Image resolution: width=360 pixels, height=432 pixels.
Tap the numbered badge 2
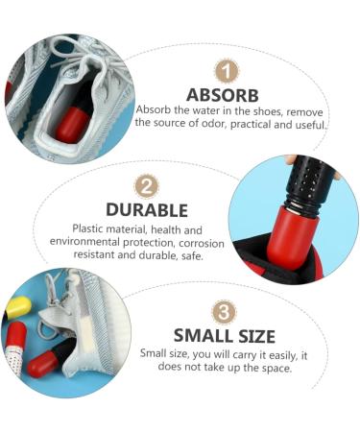(x=146, y=185)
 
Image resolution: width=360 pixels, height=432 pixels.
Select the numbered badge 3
(x=224, y=312)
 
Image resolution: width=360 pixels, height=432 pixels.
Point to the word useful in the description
(x=308, y=123)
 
